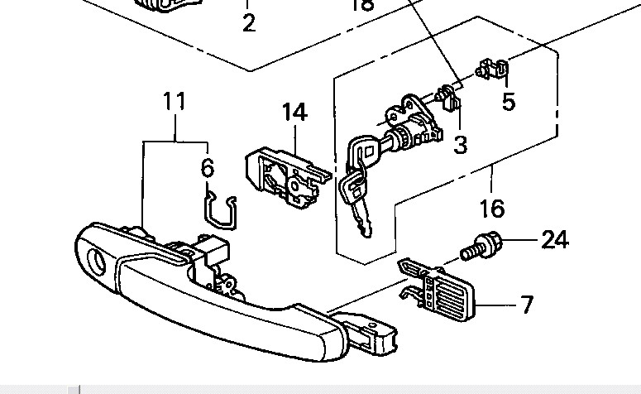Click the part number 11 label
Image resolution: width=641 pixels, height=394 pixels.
click(x=174, y=102)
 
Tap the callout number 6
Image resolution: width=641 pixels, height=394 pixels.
click(x=208, y=168)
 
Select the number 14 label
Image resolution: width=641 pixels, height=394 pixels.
click(x=294, y=113)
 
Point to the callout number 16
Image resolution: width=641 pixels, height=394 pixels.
click(x=491, y=206)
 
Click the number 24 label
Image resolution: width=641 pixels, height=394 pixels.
click(x=554, y=240)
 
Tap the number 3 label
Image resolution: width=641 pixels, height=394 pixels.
click(x=461, y=145)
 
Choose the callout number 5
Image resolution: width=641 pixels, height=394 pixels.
click(x=509, y=102)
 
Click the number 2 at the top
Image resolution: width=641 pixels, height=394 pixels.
click(x=249, y=23)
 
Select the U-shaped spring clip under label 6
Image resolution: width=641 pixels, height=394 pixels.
click(x=221, y=210)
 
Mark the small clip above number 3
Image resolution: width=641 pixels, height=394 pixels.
click(x=447, y=97)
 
